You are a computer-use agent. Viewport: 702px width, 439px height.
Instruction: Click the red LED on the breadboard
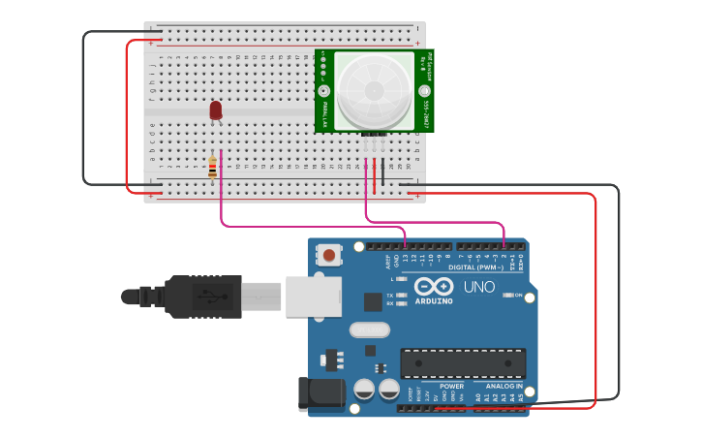coord(216,111)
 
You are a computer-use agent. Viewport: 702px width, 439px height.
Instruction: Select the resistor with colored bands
coord(213,168)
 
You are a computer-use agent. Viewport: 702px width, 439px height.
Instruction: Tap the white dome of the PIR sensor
coord(375,89)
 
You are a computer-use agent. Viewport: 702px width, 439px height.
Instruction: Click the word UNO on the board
coord(479,287)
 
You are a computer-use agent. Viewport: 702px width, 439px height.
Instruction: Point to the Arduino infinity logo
coord(433,287)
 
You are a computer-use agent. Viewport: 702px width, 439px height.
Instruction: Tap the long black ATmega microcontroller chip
coord(463,363)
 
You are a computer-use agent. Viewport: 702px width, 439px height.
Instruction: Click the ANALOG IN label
coord(499,386)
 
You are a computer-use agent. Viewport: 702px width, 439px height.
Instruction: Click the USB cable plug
coord(203,297)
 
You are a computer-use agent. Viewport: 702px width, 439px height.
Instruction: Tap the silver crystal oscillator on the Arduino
coord(369,329)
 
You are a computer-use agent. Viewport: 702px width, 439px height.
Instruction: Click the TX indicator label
coord(390,295)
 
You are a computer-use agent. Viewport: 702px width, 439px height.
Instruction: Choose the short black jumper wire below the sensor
coord(382,170)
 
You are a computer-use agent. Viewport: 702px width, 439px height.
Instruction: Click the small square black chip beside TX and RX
coord(373,301)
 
